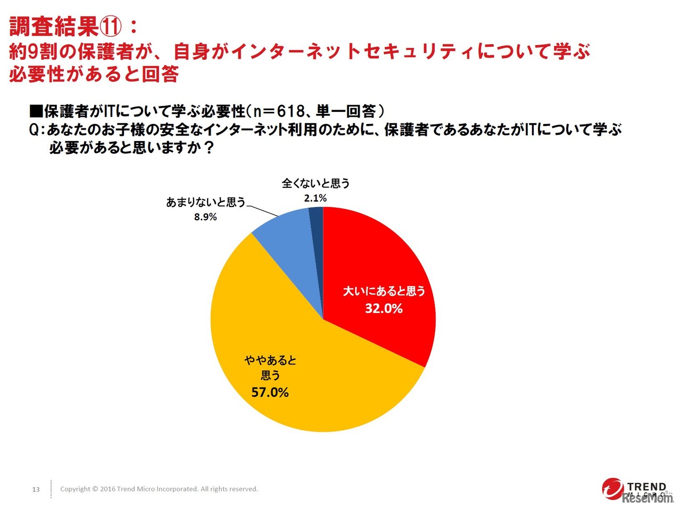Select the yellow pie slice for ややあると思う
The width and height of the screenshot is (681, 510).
click(298, 383)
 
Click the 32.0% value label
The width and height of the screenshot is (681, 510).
click(384, 308)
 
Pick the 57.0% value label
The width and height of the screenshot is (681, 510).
click(270, 392)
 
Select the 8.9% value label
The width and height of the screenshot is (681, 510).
click(205, 217)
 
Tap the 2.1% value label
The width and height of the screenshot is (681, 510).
click(315, 198)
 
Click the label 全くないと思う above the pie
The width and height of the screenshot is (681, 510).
click(315, 184)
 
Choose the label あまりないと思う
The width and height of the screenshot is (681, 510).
click(206, 202)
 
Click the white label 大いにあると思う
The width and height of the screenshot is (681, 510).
click(384, 291)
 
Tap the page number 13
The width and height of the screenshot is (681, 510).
click(36, 489)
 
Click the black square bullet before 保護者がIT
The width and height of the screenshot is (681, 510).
click(36, 111)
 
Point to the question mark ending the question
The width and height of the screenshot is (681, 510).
click(209, 147)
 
